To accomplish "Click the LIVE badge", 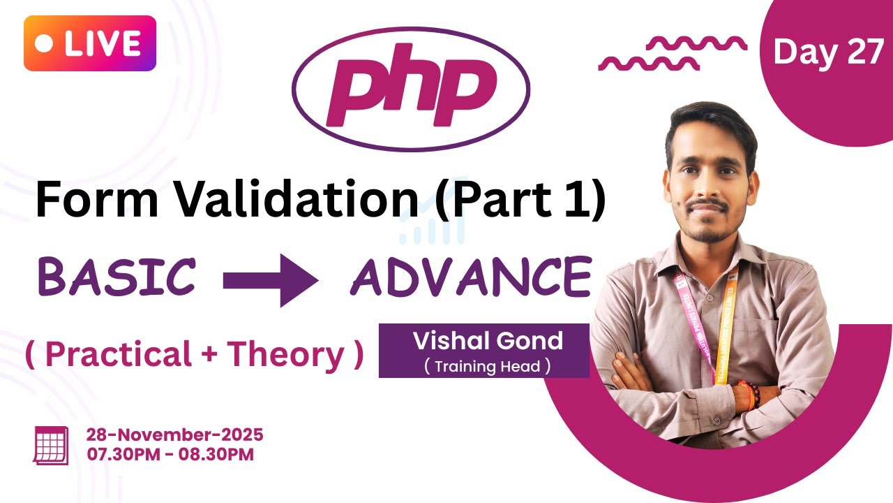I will (89, 43).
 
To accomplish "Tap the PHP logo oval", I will (410, 89).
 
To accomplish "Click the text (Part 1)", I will (518, 201).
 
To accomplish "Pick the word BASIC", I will (117, 276).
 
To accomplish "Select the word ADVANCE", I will (471, 276).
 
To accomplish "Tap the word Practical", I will (118, 355).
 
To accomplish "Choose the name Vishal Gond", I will (488, 341).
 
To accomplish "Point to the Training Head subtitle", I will (487, 365).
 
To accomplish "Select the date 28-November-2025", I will (174, 435).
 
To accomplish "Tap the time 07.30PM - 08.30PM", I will (170, 454).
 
